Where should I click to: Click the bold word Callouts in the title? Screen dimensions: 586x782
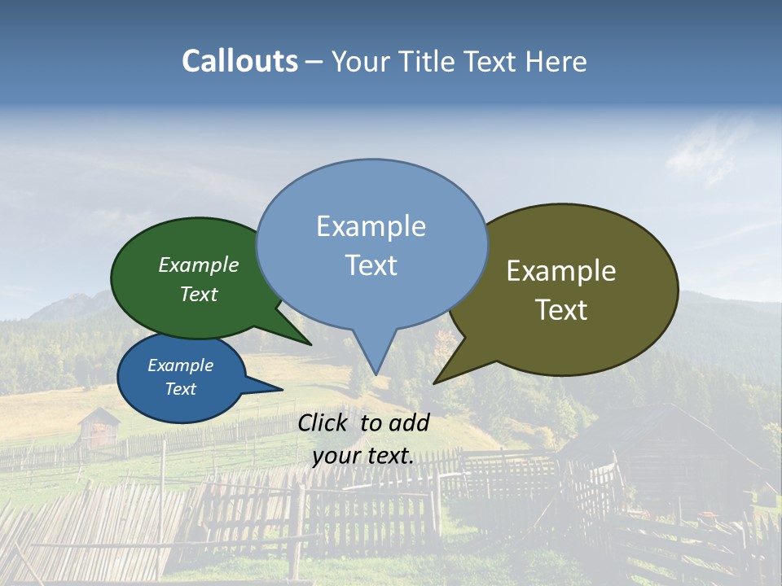(x=239, y=61)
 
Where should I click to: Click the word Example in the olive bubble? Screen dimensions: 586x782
(x=561, y=271)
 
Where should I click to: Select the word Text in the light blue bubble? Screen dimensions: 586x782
(x=371, y=265)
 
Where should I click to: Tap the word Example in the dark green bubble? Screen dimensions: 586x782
(x=199, y=265)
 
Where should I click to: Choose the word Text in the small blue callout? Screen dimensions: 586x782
(x=181, y=389)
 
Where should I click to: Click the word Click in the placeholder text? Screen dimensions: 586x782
(x=323, y=422)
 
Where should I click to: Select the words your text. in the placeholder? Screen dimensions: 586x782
(x=363, y=456)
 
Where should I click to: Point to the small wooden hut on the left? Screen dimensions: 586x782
(x=99, y=427)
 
